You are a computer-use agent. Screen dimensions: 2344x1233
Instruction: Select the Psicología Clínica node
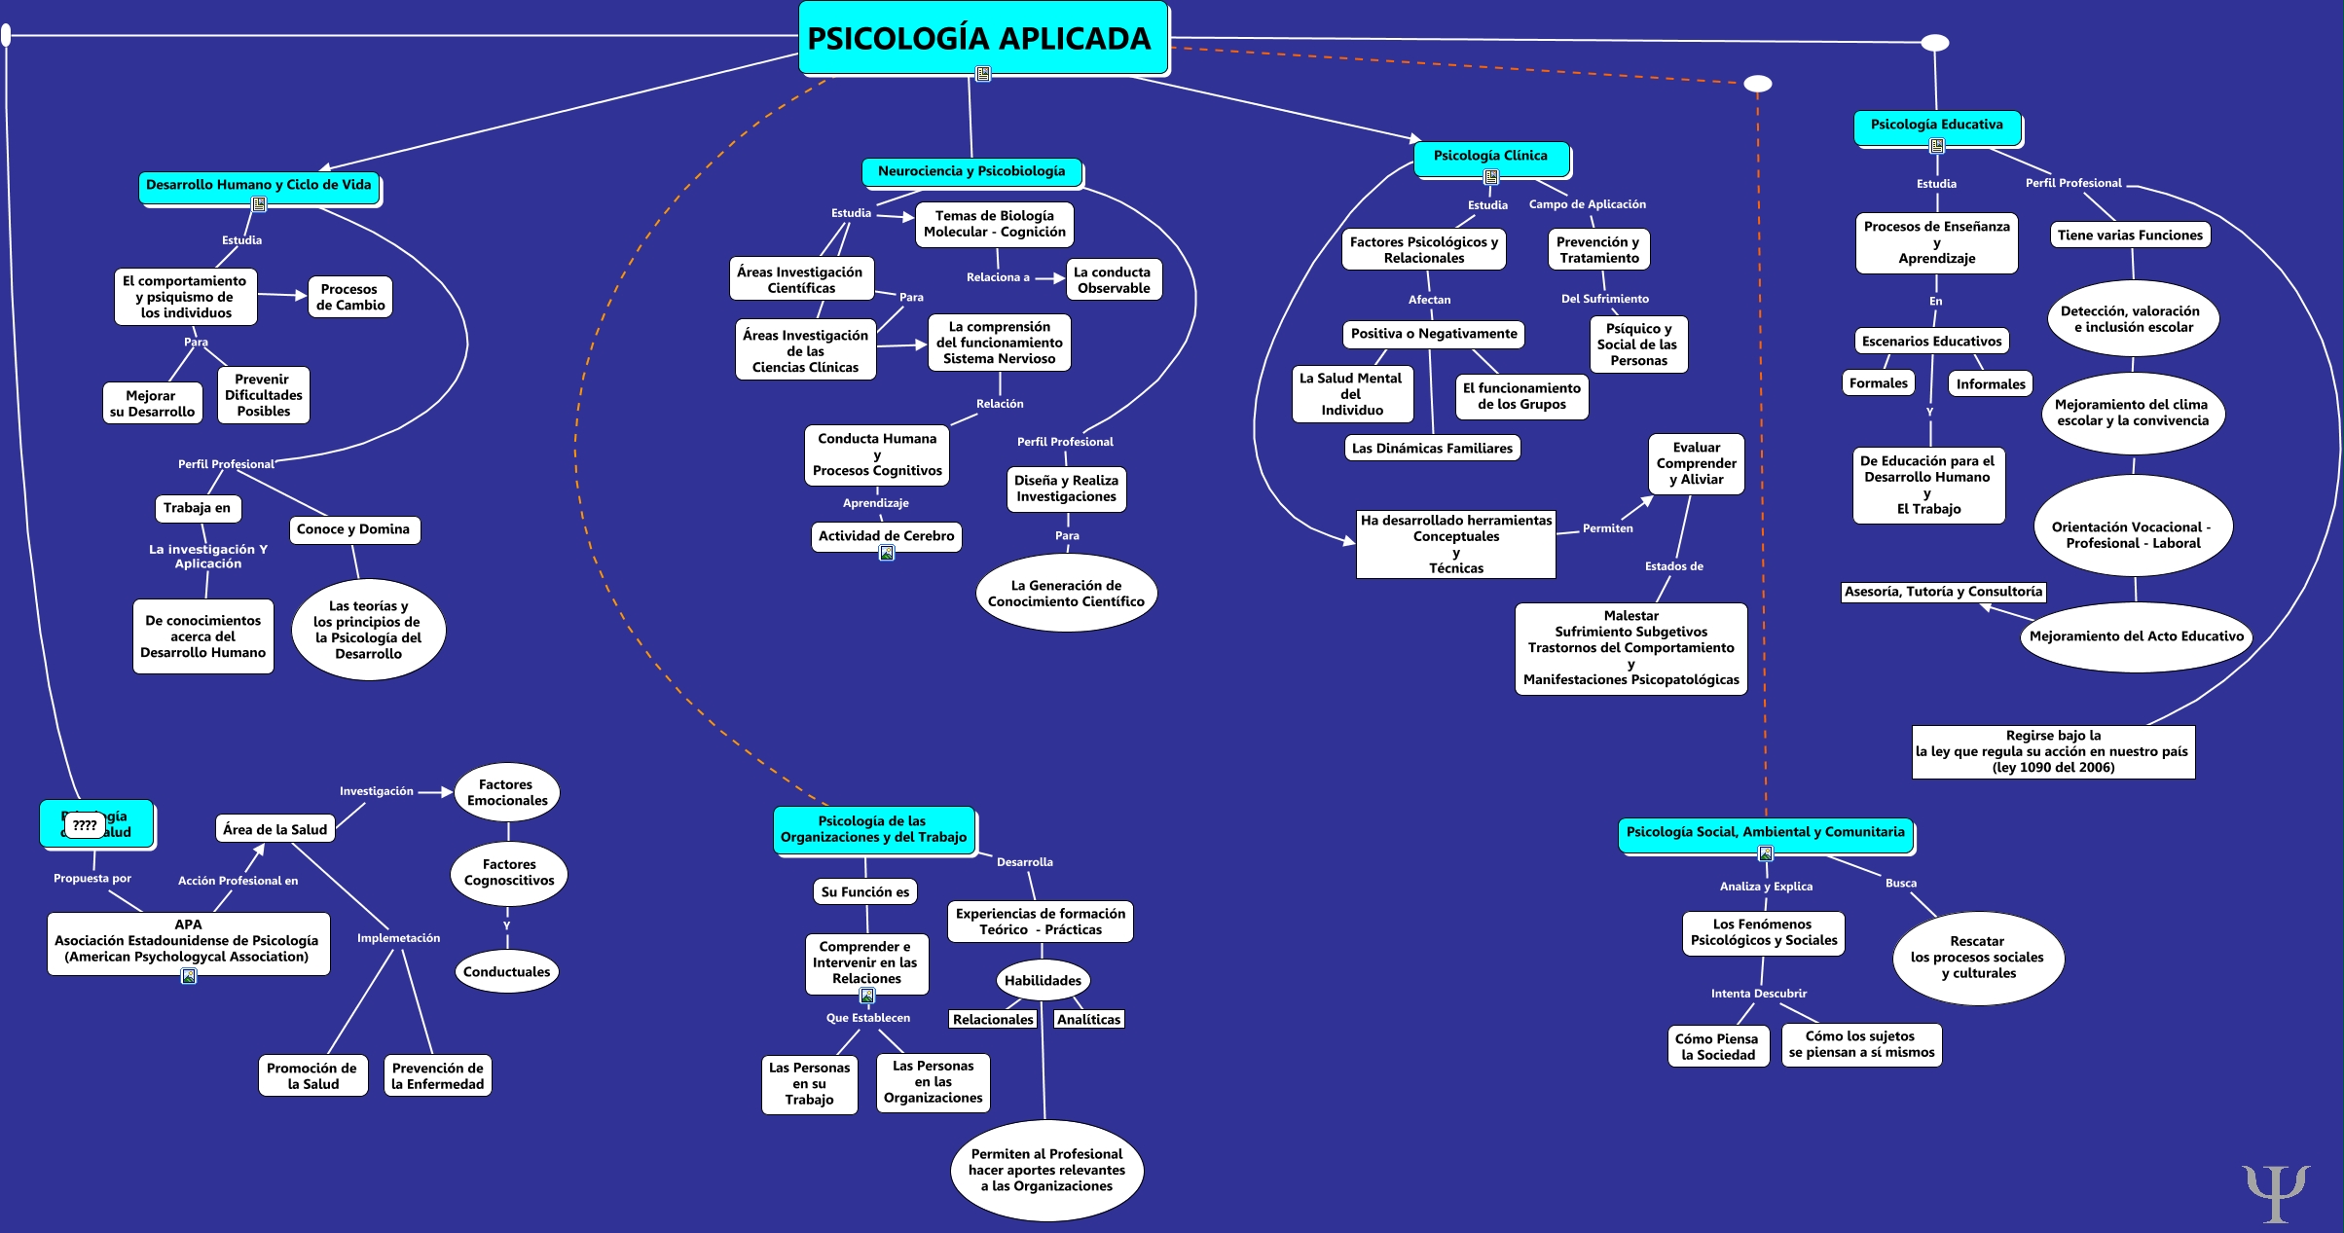(x=1490, y=156)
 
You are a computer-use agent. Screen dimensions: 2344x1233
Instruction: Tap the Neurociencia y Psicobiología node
(x=971, y=171)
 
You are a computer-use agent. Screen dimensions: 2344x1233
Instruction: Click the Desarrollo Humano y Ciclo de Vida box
(x=259, y=185)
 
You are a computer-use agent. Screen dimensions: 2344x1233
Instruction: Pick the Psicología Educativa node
(x=1936, y=125)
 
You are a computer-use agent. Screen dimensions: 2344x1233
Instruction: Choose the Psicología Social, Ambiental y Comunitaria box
(x=1765, y=832)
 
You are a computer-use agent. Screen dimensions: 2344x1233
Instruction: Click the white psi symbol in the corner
(x=2275, y=1191)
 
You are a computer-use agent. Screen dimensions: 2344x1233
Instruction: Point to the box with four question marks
(x=85, y=825)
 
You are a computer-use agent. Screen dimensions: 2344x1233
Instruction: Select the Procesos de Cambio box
(x=350, y=297)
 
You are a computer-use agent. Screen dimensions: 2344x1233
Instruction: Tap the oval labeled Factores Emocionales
(x=507, y=792)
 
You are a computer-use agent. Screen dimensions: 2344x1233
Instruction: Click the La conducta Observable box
(x=1114, y=280)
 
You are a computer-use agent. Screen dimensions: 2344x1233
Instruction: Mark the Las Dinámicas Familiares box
(x=1432, y=449)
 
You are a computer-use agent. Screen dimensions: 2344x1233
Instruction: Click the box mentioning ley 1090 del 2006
(x=2053, y=751)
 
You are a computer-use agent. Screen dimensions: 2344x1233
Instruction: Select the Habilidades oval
(x=1043, y=980)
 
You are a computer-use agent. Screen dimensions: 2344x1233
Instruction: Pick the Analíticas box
(x=1088, y=1019)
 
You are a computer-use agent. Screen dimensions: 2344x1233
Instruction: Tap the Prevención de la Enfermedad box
(x=437, y=1075)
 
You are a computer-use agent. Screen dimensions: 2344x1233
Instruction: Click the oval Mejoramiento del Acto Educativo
(x=2136, y=636)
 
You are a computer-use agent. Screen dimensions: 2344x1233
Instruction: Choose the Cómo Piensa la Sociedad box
(x=1718, y=1046)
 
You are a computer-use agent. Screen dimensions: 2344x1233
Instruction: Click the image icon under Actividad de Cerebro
(x=887, y=553)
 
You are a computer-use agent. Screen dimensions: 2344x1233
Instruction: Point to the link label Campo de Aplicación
(x=1587, y=204)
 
